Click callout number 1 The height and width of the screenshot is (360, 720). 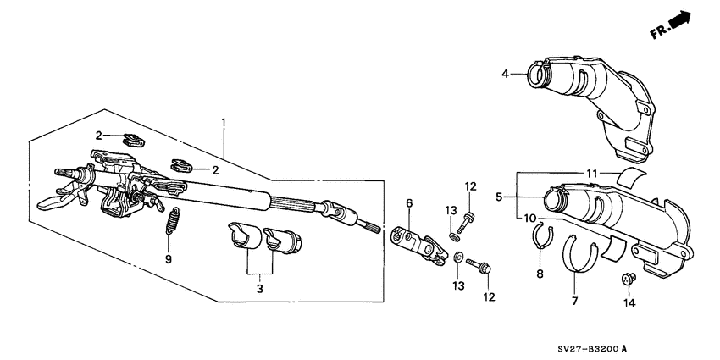[224, 123]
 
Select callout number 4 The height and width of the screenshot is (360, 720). [505, 74]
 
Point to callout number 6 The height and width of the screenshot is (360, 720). [408, 203]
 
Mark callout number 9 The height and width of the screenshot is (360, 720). [168, 259]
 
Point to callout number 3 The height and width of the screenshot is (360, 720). [260, 289]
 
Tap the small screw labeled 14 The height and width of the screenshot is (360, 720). [628, 279]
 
